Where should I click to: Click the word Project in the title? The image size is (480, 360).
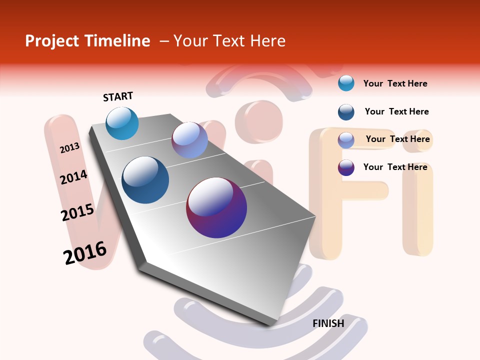pyautogui.click(x=52, y=41)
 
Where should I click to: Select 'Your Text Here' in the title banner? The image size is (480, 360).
pyautogui.click(x=229, y=41)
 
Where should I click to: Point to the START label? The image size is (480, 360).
pyautogui.click(x=118, y=96)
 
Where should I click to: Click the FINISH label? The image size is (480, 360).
pyautogui.click(x=328, y=323)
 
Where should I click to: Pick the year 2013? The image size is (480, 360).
pyautogui.click(x=70, y=148)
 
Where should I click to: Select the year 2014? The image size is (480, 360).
pyautogui.click(x=74, y=177)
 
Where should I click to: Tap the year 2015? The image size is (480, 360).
pyautogui.click(x=77, y=212)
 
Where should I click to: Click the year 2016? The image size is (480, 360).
pyautogui.click(x=85, y=253)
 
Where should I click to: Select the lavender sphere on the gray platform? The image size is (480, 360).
pyautogui.click(x=189, y=140)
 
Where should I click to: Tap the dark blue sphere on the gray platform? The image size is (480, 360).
pyautogui.click(x=145, y=180)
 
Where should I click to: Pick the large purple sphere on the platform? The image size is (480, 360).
pyautogui.click(x=216, y=207)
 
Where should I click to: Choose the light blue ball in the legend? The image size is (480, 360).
pyautogui.click(x=346, y=83)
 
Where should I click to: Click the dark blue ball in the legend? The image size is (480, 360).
pyautogui.click(x=346, y=112)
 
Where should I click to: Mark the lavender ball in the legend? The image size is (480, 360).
pyautogui.click(x=346, y=140)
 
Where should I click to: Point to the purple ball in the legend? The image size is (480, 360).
pyautogui.click(x=346, y=167)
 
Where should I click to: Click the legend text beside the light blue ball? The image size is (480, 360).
pyautogui.click(x=395, y=83)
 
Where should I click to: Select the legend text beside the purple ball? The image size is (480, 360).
pyautogui.click(x=395, y=167)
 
